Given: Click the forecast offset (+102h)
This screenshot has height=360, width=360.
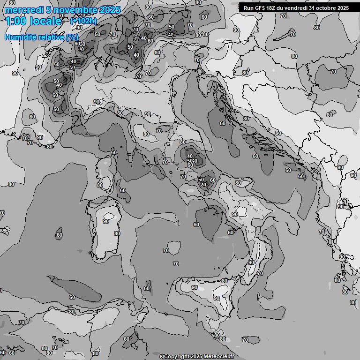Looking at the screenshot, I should tap(83, 21).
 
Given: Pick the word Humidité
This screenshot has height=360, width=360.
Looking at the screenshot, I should tap(20, 37).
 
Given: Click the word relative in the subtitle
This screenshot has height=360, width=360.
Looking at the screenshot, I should tap(50, 37).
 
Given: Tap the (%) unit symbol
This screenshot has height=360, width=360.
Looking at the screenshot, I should tap(72, 37).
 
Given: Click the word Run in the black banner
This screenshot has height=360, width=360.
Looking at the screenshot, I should tap(248, 8).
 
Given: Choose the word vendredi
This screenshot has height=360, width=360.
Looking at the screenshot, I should tap(297, 8).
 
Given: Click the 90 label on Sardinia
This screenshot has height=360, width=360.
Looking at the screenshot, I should tap(106, 221).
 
